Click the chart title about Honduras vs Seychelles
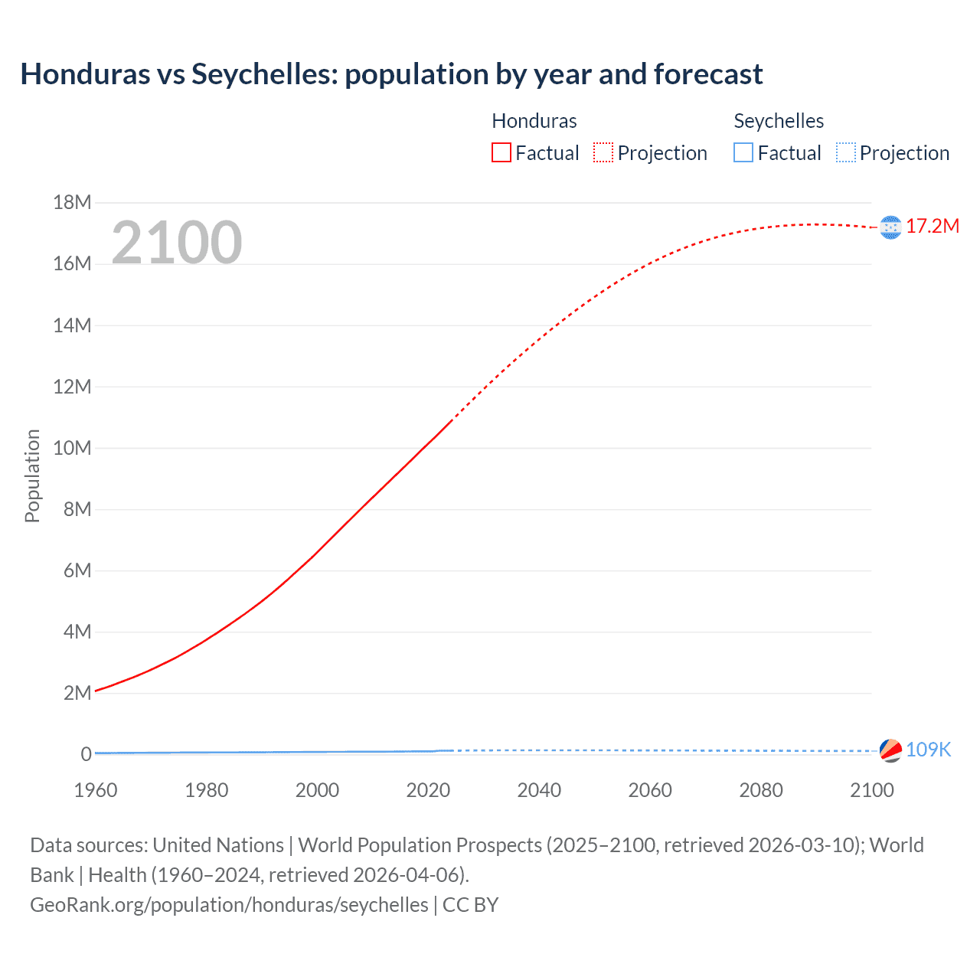coord(391,74)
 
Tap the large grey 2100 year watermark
coord(177,243)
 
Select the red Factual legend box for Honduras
coord(501,152)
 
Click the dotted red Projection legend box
coord(603,152)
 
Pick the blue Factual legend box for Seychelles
coord(743,152)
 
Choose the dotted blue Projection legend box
coord(845,152)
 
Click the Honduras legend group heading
coord(534,121)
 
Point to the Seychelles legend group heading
coord(779,121)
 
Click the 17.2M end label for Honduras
coord(932,226)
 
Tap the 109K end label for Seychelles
coord(928,750)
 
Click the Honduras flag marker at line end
coord(890,227)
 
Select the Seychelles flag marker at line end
coord(890,750)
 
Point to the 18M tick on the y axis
coord(72,202)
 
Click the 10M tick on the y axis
coord(72,448)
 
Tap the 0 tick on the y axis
coord(86,754)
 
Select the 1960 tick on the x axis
coord(96,790)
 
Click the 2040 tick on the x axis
coord(539,790)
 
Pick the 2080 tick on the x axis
coord(761,790)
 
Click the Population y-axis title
coord(32,475)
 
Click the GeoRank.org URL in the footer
coord(229,904)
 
